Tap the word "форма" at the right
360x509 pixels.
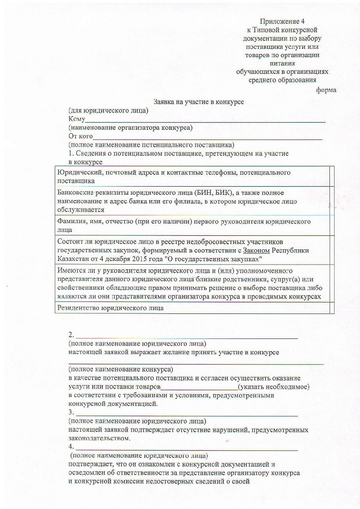(x=326, y=90)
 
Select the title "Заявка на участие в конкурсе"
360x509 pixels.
(x=198, y=102)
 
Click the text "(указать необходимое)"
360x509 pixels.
(x=273, y=387)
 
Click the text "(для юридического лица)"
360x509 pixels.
(x=108, y=111)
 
